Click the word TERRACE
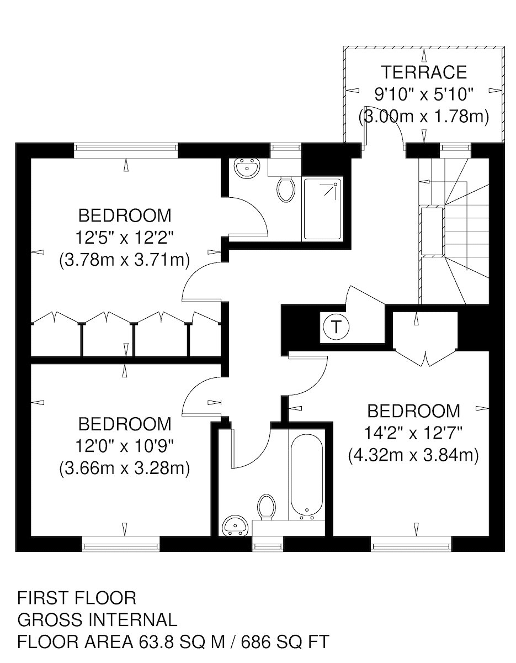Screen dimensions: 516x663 coord(424,72)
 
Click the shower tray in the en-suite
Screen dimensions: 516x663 coord(323,209)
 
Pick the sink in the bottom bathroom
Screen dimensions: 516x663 coord(235,528)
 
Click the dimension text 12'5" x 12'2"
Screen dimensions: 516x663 coord(125,238)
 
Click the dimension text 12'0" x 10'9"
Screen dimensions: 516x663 coord(125,446)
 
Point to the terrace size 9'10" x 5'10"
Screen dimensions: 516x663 coord(424,94)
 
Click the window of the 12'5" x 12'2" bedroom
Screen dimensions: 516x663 coord(126,148)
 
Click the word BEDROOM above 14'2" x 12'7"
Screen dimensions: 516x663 coord(413,411)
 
